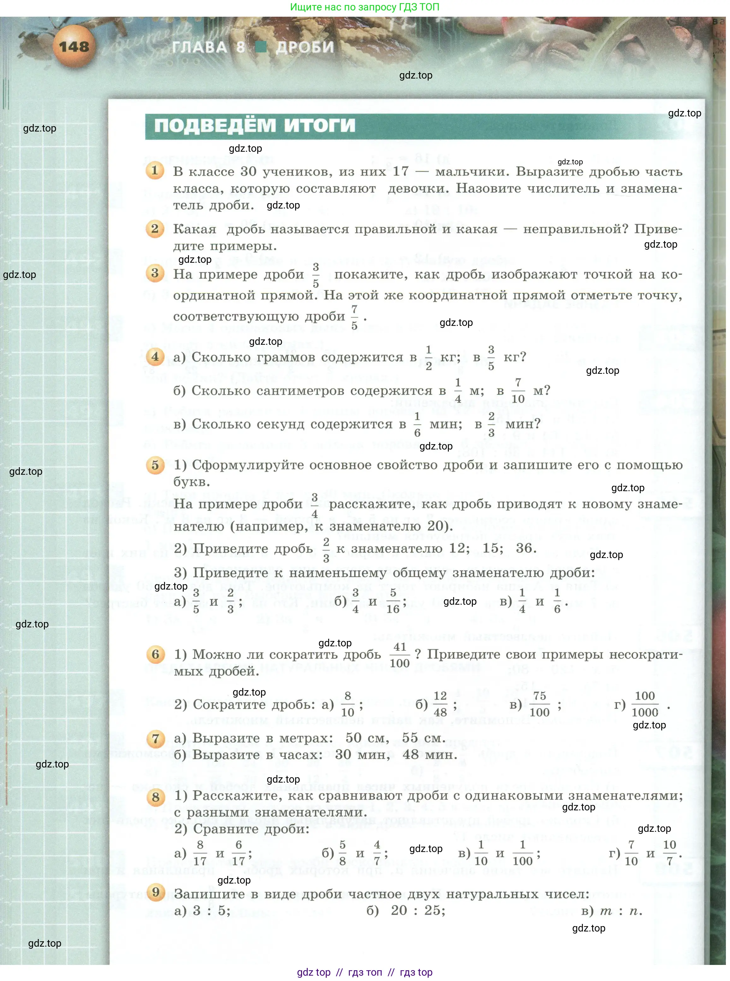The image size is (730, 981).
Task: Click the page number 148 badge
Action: click(74, 46)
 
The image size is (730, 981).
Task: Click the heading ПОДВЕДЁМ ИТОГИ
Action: click(254, 126)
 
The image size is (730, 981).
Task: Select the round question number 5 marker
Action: click(155, 465)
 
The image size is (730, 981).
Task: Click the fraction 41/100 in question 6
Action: click(400, 655)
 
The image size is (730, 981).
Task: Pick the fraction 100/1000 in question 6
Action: click(645, 704)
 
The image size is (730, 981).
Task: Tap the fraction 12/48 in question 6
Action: click(440, 704)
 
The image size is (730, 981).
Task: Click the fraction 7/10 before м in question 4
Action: click(518, 391)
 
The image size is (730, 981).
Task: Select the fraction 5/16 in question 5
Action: click(393, 601)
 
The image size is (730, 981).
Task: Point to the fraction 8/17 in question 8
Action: click(200, 853)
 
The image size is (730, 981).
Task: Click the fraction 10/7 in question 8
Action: click(669, 853)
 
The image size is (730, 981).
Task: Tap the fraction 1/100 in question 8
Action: click(523, 853)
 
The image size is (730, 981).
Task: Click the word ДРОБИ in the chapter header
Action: click(305, 47)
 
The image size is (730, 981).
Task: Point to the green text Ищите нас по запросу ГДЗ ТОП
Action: click(365, 7)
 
